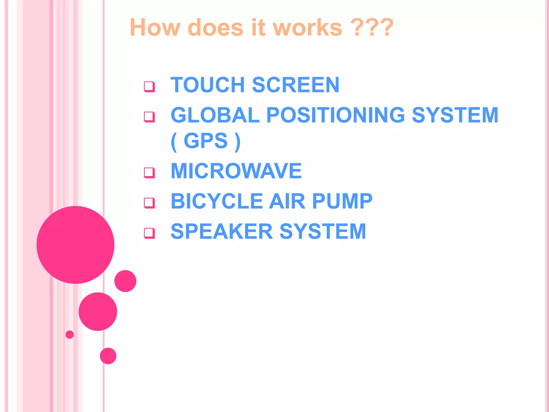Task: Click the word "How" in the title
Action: [155, 27]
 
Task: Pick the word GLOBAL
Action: [215, 115]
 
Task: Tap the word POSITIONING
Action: [335, 115]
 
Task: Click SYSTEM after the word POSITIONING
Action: [455, 115]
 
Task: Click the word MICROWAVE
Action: [236, 171]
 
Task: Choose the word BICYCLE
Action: [217, 201]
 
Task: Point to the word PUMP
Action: [342, 201]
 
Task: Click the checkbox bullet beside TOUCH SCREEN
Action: [149, 87]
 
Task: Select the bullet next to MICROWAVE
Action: [149, 173]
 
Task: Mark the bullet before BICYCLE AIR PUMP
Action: [149, 203]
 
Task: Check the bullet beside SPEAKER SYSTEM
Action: [149, 233]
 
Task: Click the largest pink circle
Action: [76, 245]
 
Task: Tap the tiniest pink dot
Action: [70, 334]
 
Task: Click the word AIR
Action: [287, 201]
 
